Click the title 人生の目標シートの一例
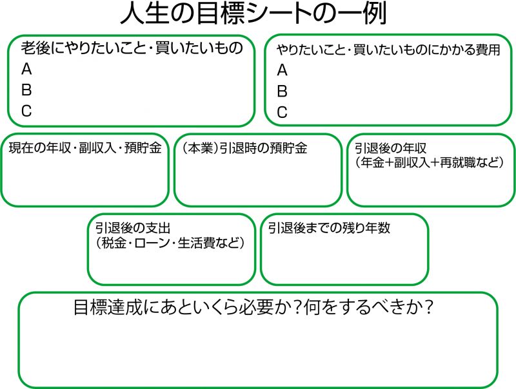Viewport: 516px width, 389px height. (x=253, y=14)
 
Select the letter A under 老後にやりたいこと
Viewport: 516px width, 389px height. (x=26, y=69)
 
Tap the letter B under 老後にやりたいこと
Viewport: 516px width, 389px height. (x=26, y=90)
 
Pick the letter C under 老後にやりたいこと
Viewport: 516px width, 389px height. (x=26, y=111)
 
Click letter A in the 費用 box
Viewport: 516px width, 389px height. (x=282, y=70)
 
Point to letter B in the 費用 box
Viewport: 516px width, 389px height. (x=282, y=91)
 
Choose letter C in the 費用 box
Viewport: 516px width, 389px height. (x=282, y=112)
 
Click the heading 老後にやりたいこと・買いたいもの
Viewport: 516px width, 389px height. (x=132, y=48)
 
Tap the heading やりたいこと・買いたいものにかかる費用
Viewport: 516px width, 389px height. (x=388, y=50)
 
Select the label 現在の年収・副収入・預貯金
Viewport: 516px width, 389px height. (x=85, y=148)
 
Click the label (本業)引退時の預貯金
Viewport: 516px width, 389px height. (x=244, y=148)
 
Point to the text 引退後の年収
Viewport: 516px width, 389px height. (x=391, y=148)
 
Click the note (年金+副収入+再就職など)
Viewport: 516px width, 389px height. (x=430, y=162)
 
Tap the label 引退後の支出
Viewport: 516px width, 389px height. (x=133, y=228)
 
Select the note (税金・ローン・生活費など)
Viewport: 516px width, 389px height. (x=170, y=243)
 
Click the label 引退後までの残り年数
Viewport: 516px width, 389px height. (x=329, y=228)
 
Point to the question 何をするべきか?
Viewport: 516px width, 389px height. (x=368, y=307)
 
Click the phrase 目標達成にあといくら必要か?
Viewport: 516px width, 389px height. (x=186, y=307)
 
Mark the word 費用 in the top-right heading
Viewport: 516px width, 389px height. (x=488, y=50)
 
